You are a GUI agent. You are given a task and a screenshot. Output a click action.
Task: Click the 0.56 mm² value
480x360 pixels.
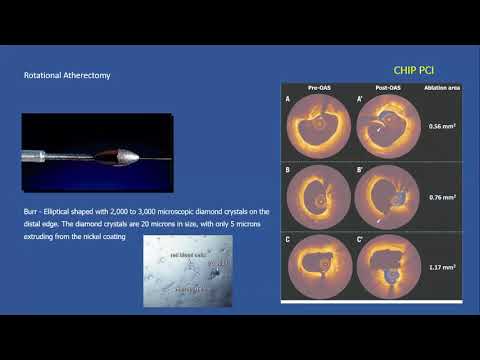[x=441, y=127]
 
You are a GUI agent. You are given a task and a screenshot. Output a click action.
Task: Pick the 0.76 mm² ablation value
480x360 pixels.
[x=441, y=196]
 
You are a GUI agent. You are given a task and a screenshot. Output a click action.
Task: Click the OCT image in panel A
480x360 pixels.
[x=319, y=127]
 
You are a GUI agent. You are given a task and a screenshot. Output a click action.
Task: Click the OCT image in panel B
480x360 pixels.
[x=319, y=196]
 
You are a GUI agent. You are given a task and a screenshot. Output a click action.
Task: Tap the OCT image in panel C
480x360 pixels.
[x=319, y=266]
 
